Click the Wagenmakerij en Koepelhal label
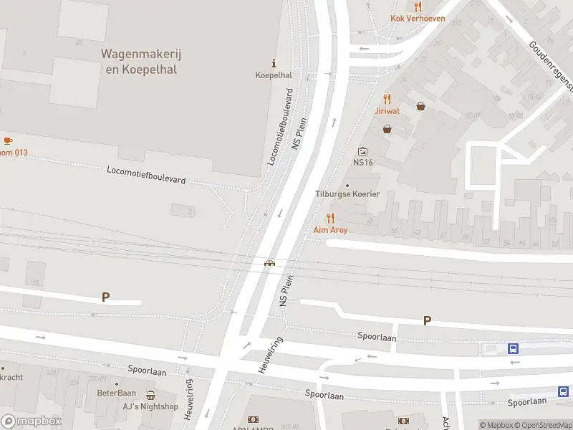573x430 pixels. point(139,62)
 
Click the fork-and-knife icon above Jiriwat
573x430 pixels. point(387,99)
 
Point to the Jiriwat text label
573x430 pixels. point(387,111)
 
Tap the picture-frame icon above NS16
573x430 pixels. point(362,151)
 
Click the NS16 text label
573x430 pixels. point(362,163)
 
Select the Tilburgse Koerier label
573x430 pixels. point(347,194)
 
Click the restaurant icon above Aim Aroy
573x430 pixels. point(330,218)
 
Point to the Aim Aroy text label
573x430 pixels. point(330,230)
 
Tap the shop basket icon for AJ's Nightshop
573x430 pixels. point(150,395)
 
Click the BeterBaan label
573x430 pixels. point(117,393)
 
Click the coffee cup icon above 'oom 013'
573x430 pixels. point(8,140)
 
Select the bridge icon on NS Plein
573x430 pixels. point(270,263)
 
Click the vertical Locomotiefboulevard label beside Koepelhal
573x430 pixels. point(281,128)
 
